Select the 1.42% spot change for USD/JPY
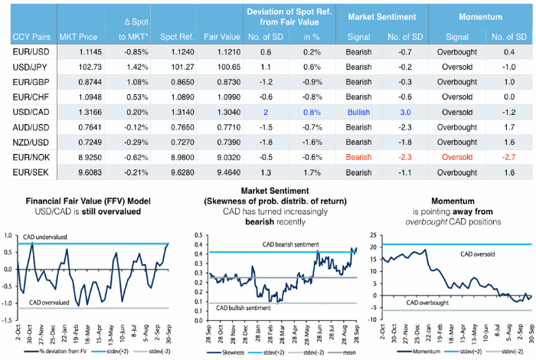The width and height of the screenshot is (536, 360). point(130,67)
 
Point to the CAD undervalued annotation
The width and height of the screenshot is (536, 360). point(51,237)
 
